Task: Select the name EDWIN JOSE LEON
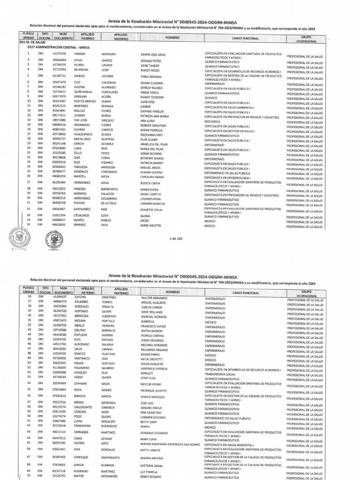point(153,55)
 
